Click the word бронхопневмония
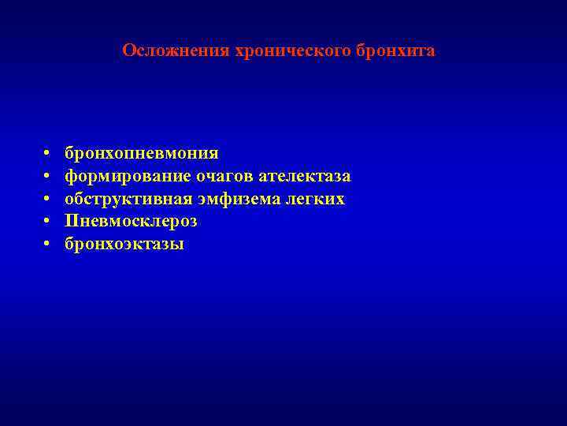tap(142, 152)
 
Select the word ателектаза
tap(304, 175)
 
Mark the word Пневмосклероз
tap(131, 221)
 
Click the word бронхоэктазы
tap(124, 244)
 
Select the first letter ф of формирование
tap(71, 176)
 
